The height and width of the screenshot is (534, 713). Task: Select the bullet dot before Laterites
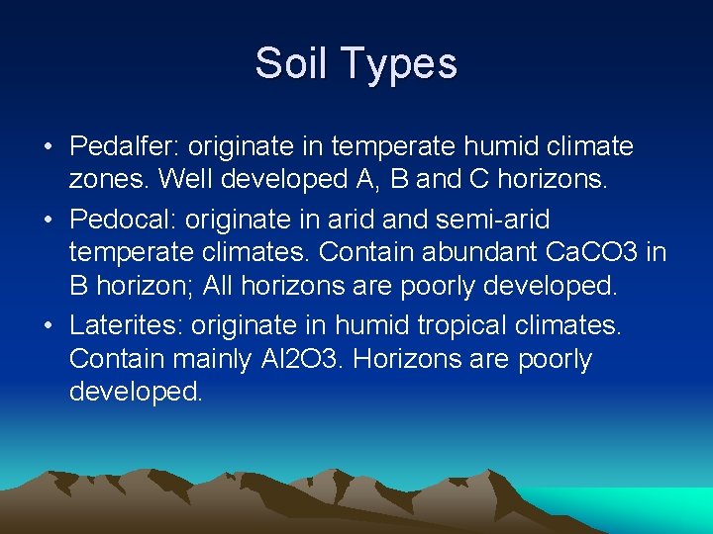tap(48, 324)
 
